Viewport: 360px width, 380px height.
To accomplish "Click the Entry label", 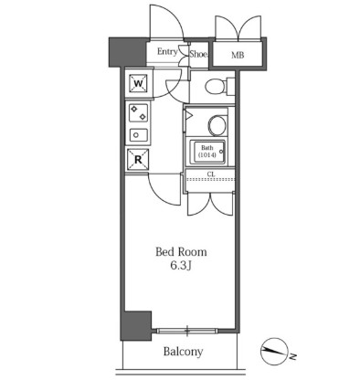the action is tap(167, 52).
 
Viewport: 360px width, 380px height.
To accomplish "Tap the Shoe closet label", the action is tap(198, 54).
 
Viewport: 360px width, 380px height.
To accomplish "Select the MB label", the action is tap(238, 55).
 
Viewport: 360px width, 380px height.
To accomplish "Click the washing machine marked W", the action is tap(138, 83).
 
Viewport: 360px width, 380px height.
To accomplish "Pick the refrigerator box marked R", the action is tap(138, 160).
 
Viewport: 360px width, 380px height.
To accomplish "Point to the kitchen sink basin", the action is tap(139, 135).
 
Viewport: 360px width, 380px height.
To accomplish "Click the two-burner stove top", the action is tap(139, 112).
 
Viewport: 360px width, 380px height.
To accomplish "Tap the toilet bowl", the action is tap(216, 87).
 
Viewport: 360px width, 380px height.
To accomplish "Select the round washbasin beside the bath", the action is tap(217, 125).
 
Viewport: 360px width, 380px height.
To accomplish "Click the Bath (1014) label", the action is tap(207, 152).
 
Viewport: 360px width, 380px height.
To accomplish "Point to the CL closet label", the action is tap(211, 174).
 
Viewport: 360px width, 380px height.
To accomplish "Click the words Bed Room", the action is tap(181, 252).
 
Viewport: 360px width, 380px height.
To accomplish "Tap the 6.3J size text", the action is tap(181, 266).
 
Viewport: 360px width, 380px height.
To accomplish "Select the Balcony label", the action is tap(183, 352).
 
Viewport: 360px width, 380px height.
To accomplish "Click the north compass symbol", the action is tap(274, 352).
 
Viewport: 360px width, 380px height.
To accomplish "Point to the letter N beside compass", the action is tap(292, 356).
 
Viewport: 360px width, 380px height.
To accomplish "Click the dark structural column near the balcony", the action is tap(136, 325).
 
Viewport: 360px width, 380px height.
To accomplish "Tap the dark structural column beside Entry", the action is tap(128, 52).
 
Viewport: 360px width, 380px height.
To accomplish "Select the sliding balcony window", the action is tap(187, 331).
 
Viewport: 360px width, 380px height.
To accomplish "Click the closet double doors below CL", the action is tap(210, 205).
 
